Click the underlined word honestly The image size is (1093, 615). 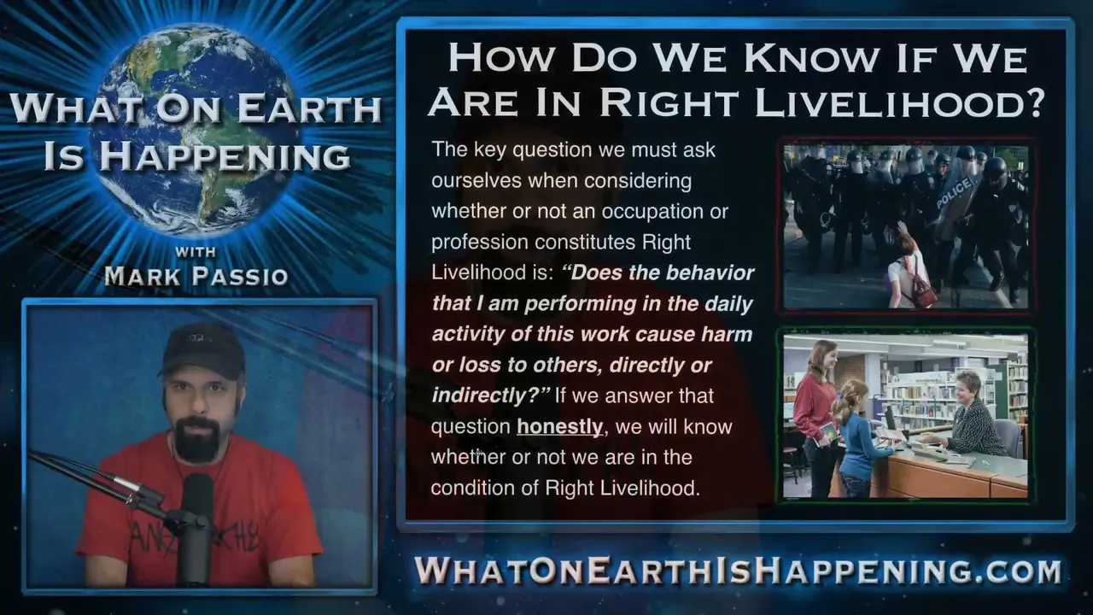coord(559,427)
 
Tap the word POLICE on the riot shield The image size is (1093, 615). coord(955,193)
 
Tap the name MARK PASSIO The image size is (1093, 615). coord(196,276)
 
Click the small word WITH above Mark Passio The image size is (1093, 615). coord(196,252)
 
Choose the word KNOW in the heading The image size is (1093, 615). coord(810,59)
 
